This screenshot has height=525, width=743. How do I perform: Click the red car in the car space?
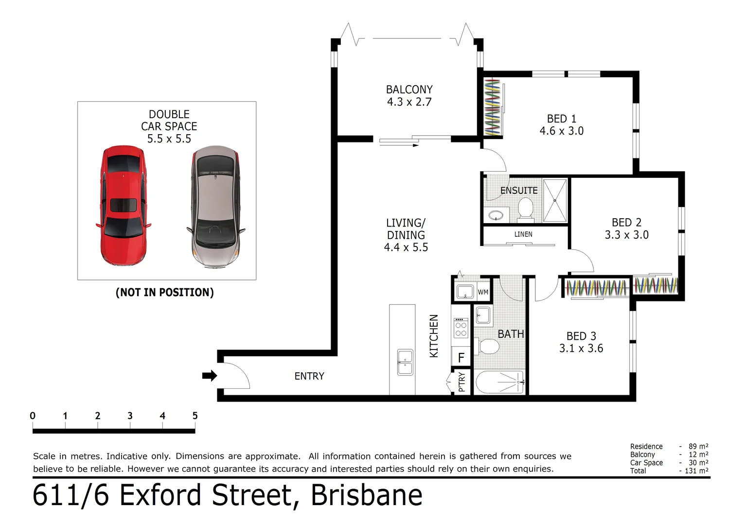tap(124, 206)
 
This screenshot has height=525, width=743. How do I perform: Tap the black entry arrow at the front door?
tap(210, 376)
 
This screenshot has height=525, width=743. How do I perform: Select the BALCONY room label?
tap(409, 89)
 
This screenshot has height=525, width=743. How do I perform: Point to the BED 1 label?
tap(562, 119)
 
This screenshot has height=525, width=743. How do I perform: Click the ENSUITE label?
tap(519, 191)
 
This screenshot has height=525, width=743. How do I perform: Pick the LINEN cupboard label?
tap(523, 234)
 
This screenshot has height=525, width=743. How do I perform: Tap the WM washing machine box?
tap(483, 292)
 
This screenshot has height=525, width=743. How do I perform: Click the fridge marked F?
tap(461, 357)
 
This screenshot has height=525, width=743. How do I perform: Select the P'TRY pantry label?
tap(462, 382)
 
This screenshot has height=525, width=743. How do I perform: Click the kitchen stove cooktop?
tap(460, 328)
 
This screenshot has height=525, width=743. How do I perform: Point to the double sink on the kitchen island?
tap(405, 362)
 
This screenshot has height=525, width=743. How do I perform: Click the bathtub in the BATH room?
tap(499, 382)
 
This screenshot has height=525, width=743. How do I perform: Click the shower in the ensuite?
tap(555, 201)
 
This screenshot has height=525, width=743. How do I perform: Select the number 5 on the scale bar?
tap(195, 416)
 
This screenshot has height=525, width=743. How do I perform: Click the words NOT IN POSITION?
tap(164, 292)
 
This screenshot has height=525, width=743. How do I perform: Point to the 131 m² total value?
tap(696, 471)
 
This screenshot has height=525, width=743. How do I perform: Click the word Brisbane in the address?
tap(367, 495)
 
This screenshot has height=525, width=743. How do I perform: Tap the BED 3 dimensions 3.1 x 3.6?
tap(581, 348)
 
